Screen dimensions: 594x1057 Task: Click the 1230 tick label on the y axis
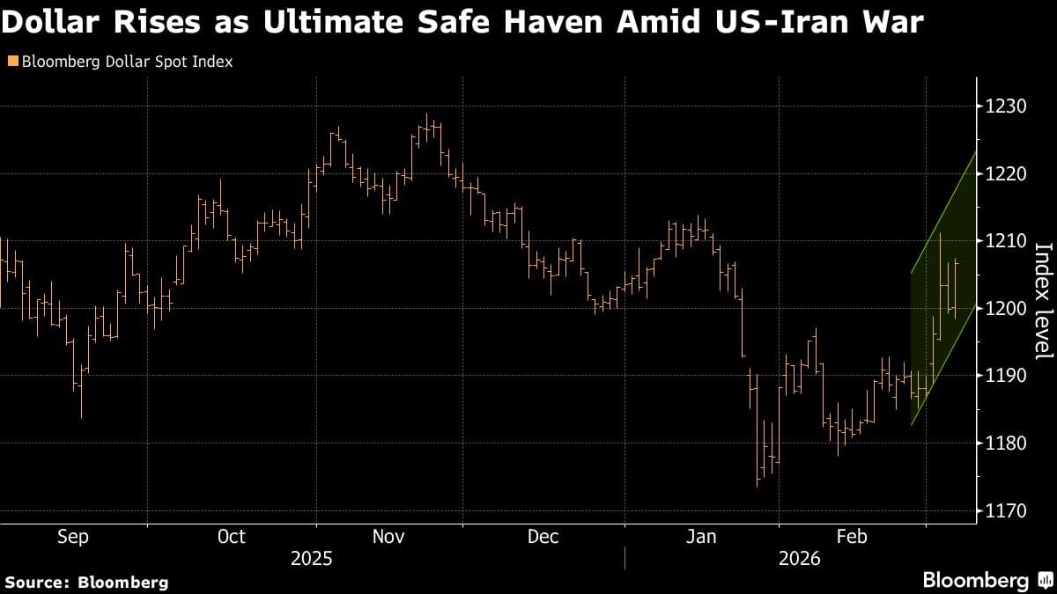(x=1005, y=106)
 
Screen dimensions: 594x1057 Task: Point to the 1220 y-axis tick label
(x=1005, y=174)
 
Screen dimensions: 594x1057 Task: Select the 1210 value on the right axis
(x=1005, y=241)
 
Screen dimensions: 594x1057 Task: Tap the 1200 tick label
(x=1005, y=309)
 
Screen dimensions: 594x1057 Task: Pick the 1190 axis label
(x=1005, y=376)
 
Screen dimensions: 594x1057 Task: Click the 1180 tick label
(x=1005, y=444)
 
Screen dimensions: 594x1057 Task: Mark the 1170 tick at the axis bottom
(x=1005, y=510)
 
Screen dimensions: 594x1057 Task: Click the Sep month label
(x=73, y=537)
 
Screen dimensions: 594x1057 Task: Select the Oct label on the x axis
(x=231, y=537)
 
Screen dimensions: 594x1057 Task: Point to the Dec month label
(x=543, y=537)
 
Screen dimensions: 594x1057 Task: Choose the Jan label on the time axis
(x=701, y=537)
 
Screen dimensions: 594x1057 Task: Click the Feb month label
(x=852, y=537)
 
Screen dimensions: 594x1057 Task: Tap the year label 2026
(x=798, y=559)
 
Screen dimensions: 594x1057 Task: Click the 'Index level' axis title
(x=1042, y=300)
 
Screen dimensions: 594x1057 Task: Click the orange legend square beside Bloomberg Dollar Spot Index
(x=11, y=62)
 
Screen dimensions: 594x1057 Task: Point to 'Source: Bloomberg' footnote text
(x=86, y=582)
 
